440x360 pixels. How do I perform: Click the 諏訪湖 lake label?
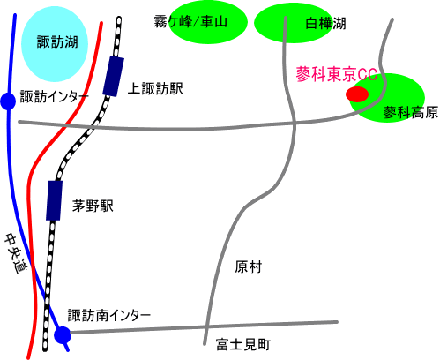pyautogui.click(x=57, y=41)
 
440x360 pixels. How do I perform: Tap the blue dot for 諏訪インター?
pyautogui.click(x=8, y=101)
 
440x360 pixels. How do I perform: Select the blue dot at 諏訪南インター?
pyautogui.click(x=63, y=334)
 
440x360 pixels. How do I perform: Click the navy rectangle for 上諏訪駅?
pyautogui.click(x=113, y=76)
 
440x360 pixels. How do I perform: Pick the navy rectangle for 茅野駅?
pyautogui.click(x=54, y=200)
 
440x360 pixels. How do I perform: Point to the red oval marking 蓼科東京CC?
pyautogui.click(x=357, y=94)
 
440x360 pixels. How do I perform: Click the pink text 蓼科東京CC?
pyautogui.click(x=337, y=74)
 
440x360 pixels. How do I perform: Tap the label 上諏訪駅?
pyautogui.click(x=155, y=88)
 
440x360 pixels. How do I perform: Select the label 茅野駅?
pyautogui.click(x=93, y=206)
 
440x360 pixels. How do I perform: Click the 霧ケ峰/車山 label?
pyautogui.click(x=190, y=22)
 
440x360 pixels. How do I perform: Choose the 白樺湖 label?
pyautogui.click(x=325, y=23)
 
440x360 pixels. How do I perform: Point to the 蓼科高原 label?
pyautogui.click(x=411, y=112)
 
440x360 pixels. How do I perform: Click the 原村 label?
pyautogui.click(x=248, y=267)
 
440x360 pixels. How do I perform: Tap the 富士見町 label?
pyautogui.click(x=243, y=344)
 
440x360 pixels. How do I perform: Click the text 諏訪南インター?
pyautogui.click(x=109, y=316)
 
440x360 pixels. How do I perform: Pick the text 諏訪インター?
pyautogui.click(x=54, y=96)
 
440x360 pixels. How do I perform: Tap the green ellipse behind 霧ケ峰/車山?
pyautogui.click(x=208, y=23)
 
